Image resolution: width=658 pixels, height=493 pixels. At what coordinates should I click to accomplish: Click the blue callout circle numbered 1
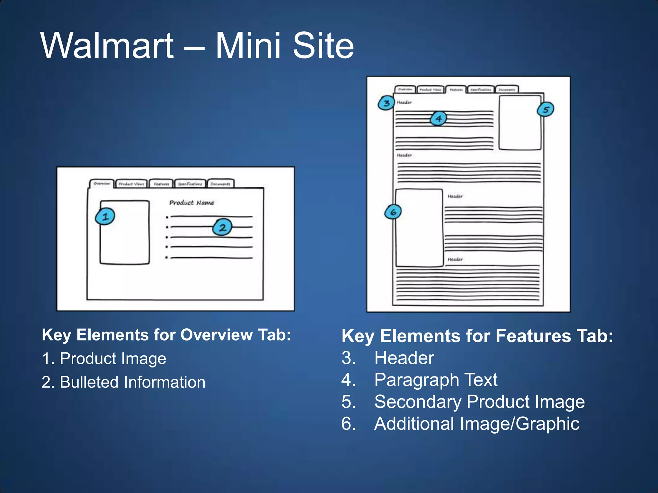click(105, 217)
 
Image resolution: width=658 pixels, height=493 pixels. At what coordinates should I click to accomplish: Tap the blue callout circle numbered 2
click(222, 227)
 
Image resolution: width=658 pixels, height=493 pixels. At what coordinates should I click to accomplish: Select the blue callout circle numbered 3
click(386, 103)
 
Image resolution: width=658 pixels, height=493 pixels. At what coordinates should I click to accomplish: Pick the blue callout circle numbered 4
click(439, 119)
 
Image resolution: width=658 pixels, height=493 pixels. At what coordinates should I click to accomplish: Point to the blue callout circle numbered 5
click(546, 109)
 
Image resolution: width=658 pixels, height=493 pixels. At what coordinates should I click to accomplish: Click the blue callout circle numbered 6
click(393, 212)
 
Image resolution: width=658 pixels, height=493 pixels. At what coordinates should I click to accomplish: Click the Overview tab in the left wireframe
click(102, 184)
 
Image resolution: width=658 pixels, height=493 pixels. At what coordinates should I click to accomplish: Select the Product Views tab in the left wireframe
click(131, 184)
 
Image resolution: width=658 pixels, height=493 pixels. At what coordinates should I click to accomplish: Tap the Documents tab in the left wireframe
click(220, 184)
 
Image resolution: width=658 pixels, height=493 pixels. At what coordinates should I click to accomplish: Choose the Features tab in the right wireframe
click(456, 90)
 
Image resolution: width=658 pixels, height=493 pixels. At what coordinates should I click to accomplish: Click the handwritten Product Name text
click(192, 203)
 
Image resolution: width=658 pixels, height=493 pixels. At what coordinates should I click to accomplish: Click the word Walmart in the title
click(107, 46)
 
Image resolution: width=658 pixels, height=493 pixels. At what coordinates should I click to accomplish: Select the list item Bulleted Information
click(132, 382)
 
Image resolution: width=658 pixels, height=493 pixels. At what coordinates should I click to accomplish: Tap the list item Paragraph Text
click(436, 380)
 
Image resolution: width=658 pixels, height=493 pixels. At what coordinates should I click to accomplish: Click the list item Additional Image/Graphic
click(477, 423)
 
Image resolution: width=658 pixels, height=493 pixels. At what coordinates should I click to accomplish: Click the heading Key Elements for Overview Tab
click(166, 335)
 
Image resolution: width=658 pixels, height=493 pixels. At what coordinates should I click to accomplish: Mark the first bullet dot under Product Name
click(167, 217)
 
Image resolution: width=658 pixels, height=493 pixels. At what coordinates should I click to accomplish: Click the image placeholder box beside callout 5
click(520, 123)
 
